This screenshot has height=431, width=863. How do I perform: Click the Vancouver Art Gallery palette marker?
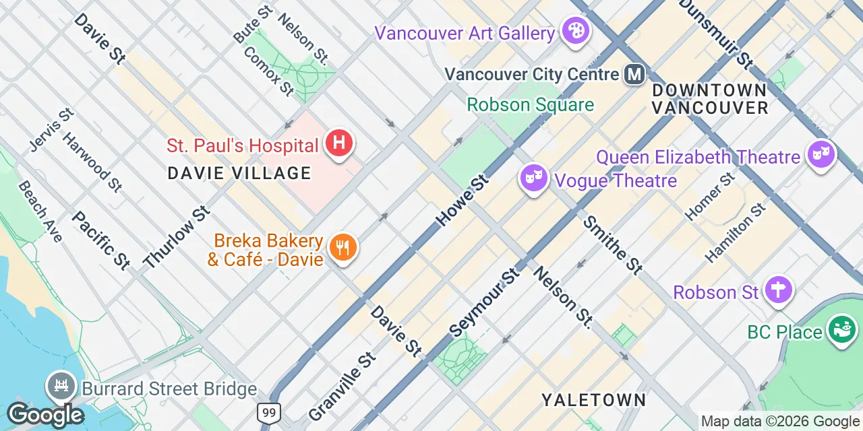click(576, 32)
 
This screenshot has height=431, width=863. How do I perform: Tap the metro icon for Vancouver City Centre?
click(634, 73)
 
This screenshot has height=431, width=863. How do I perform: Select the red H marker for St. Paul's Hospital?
click(339, 143)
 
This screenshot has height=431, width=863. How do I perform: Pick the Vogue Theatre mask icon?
click(533, 178)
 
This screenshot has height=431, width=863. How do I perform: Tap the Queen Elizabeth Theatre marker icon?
click(822, 155)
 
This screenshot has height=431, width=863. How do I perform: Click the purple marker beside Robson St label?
click(779, 290)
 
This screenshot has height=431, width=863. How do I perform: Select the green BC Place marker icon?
click(842, 330)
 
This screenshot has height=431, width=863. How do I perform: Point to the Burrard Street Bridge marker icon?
click(61, 387)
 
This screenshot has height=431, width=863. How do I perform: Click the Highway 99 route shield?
click(268, 412)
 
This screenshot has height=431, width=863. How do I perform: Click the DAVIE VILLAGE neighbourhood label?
click(239, 173)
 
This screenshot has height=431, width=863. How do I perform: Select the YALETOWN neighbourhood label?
click(593, 400)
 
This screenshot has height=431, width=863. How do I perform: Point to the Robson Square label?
click(530, 105)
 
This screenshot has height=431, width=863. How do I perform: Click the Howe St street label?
click(462, 199)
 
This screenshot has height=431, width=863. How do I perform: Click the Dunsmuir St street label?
click(715, 34)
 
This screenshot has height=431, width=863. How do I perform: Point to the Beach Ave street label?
click(40, 211)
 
